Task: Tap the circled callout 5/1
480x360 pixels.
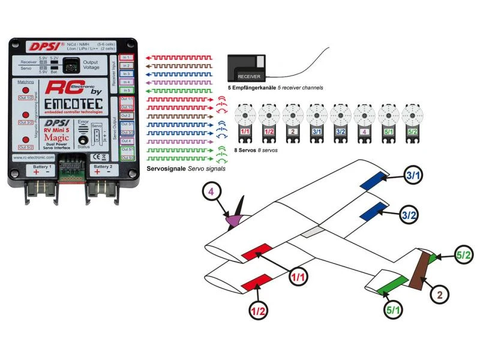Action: click(394, 310)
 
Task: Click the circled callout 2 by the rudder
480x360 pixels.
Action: click(440, 295)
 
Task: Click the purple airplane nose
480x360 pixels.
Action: click(232, 220)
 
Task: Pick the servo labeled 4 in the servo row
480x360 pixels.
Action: click(364, 123)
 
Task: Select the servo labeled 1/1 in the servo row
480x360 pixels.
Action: click(245, 123)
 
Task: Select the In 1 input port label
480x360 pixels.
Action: click(126, 58)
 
